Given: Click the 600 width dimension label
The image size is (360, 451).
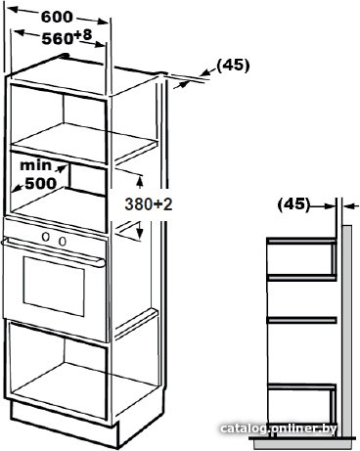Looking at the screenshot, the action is pos(57,17).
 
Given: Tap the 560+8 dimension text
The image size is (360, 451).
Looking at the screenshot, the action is pos(67,37).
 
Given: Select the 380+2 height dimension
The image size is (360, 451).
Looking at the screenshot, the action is pos(149,204).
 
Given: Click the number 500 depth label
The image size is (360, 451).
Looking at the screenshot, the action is pos(41,184).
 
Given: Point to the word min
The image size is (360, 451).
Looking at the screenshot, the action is pos(36,165).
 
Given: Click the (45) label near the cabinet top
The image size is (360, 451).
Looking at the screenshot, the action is pos(233,66).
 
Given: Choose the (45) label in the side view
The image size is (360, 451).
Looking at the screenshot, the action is pos(293,204).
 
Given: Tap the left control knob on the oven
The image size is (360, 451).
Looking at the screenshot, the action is pos(46,237).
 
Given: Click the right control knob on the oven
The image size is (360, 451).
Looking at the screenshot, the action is pos(62,241).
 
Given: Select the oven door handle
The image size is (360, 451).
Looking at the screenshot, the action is pos(53,251).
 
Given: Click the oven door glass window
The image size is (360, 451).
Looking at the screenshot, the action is pos(54,286).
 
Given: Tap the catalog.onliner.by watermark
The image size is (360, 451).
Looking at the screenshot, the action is pos(279,428).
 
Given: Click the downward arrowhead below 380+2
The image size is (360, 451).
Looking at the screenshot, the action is pos(140,232).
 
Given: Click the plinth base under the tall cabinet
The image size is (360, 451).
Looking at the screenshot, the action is pos(64,424).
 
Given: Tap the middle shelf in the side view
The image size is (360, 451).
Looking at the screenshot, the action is pos(301,320).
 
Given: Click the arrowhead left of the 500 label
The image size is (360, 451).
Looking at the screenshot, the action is pos(17,188).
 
